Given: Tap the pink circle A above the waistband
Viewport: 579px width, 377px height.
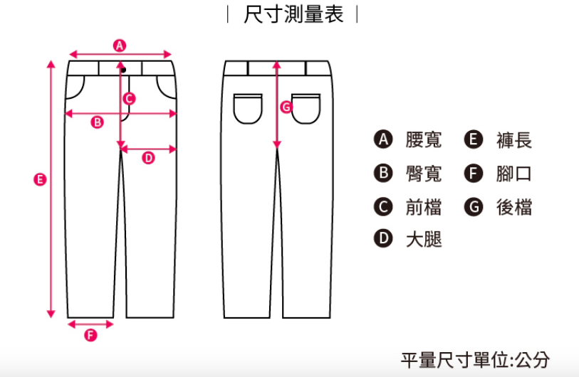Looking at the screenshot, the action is click(120, 45).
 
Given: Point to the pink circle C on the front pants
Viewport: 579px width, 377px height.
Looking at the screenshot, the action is click(129, 99).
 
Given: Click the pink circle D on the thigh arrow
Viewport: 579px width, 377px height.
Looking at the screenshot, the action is click(148, 157).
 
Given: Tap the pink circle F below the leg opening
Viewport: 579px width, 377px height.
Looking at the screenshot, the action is click(90, 335).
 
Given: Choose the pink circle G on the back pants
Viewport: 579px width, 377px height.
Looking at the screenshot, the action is click(286, 107).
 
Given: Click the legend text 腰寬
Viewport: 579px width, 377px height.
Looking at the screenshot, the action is click(424, 140).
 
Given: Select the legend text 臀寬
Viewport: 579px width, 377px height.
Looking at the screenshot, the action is click(424, 174).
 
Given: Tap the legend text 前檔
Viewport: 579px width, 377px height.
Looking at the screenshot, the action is click(424, 207).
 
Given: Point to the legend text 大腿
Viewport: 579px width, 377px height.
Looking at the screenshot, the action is click(424, 240).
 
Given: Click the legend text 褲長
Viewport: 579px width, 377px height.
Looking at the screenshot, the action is click(514, 140).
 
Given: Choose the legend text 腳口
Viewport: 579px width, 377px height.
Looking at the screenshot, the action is click(514, 174).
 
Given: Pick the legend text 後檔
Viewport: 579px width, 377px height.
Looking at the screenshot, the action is click(514, 207).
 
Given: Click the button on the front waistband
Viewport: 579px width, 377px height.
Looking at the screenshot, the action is click(122, 69).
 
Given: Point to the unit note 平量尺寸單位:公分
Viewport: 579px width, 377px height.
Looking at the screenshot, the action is click(475, 359).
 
